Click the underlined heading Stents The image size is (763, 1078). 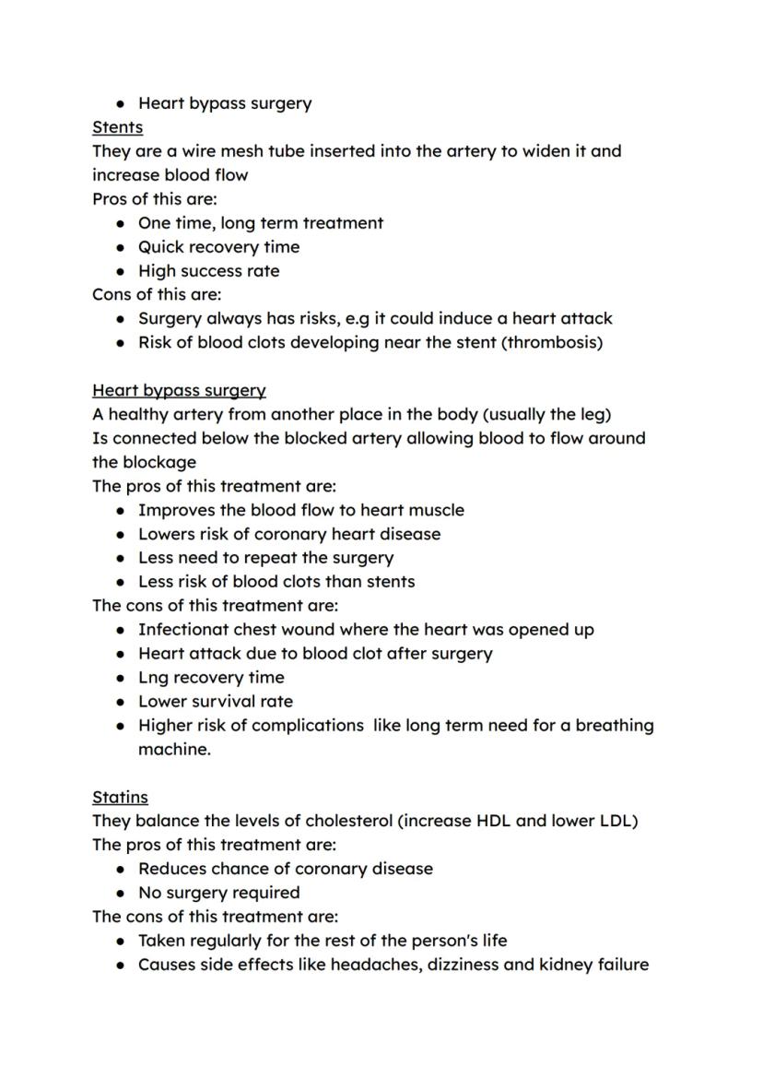(117, 127)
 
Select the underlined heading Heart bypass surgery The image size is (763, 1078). (179, 390)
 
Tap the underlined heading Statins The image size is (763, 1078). (120, 797)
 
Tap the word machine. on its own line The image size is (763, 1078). (174, 750)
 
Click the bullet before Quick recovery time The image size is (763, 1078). (122, 247)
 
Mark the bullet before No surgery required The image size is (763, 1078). (122, 893)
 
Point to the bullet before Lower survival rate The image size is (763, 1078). (122, 701)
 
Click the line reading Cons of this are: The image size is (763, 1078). (157, 294)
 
